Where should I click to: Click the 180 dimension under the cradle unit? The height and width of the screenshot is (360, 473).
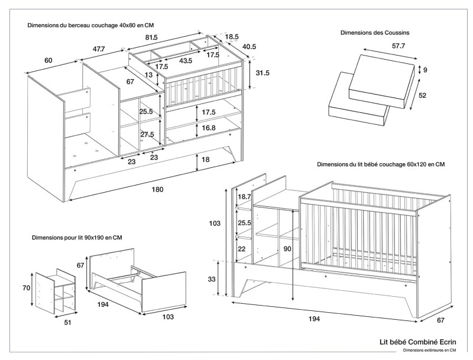tap(157, 189)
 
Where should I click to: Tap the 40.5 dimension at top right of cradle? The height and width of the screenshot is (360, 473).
tap(250, 47)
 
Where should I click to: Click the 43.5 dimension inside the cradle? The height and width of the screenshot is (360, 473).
tap(186, 61)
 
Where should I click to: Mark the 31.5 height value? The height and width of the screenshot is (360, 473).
tap(263, 73)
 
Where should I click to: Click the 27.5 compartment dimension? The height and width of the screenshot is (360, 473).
tap(147, 134)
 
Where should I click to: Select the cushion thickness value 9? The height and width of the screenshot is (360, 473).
tap(425, 70)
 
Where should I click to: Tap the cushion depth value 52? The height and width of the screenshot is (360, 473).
tap(423, 95)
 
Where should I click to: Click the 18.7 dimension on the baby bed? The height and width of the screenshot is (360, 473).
tap(244, 196)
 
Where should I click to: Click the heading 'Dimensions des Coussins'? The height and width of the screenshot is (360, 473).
tap(375, 33)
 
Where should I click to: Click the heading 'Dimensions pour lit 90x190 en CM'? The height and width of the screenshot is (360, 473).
tap(77, 238)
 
